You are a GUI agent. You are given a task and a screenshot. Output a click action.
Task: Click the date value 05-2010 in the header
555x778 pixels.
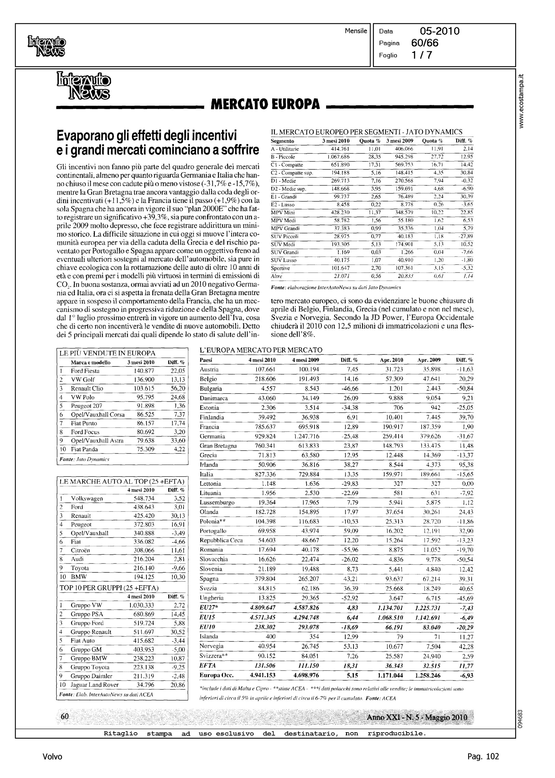(440, 31)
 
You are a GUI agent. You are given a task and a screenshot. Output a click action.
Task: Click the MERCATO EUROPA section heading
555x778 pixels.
(265, 104)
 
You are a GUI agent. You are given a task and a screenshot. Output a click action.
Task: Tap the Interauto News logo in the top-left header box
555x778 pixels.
(46, 46)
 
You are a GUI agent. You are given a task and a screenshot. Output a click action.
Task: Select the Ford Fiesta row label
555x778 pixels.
(85, 371)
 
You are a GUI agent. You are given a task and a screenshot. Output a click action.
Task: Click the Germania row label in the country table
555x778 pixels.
(212, 436)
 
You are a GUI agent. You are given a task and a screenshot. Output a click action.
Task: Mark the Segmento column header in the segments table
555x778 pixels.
(282, 141)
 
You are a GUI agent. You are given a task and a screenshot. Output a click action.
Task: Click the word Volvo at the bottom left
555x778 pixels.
(53, 756)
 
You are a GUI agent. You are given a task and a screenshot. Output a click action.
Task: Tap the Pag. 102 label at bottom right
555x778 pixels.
(483, 756)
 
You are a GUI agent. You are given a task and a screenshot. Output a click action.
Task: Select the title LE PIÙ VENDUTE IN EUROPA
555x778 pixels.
(107, 353)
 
